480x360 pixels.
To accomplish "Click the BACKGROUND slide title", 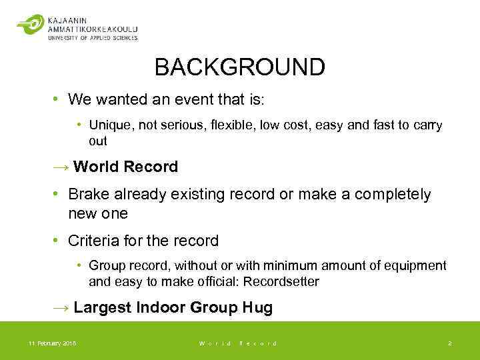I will (239, 67).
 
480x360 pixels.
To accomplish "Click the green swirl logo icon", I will (30, 25).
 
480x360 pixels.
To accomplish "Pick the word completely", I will (393, 195).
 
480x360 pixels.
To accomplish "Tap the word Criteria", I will (93, 241).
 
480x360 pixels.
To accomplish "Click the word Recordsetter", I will (281, 281).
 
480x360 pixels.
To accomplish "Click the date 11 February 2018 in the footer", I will (52, 343).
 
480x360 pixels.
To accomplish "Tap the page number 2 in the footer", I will (449, 343).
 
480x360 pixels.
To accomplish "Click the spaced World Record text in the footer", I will (238, 343).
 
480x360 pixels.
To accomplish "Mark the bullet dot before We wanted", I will (57, 101).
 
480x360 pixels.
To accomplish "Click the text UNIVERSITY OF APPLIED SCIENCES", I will (93, 38).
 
